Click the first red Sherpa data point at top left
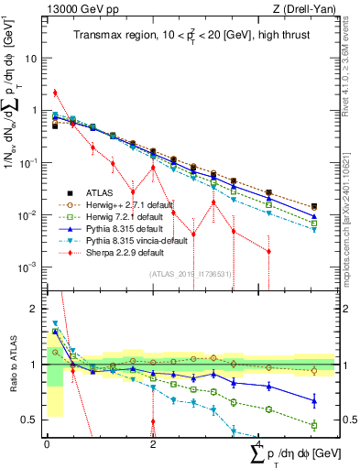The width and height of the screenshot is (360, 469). point(56,93)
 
